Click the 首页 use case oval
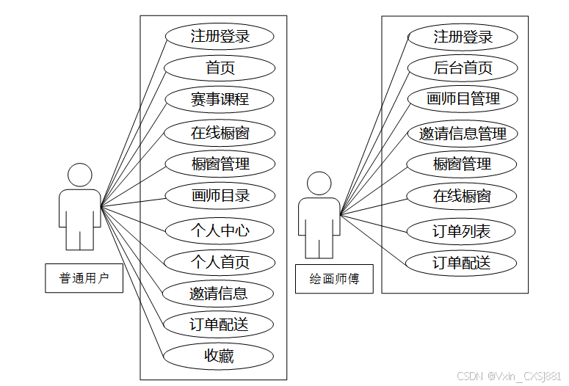220,68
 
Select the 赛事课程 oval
220,100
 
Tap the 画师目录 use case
220,196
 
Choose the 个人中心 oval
220,230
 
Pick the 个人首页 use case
220,262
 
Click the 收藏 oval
220,357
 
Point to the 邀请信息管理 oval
463,134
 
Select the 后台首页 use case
463,68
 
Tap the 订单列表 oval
463,232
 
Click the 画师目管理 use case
463,99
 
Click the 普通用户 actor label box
84,278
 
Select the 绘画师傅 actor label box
334,279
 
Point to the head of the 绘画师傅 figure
319,184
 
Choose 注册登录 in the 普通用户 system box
220,36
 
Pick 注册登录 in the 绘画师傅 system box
463,37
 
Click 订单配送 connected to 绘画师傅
463,263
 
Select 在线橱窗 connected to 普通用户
220,133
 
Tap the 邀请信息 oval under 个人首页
220,294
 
